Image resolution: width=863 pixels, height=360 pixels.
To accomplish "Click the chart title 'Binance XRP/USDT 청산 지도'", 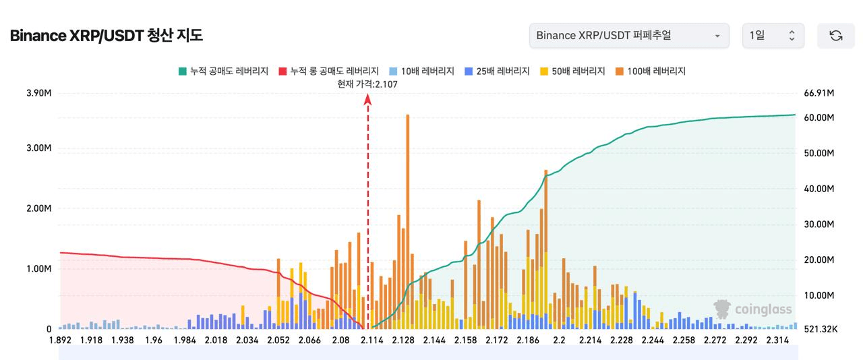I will [x=106, y=36].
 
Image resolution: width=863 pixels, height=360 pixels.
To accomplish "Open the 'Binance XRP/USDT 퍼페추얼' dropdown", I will [x=628, y=36].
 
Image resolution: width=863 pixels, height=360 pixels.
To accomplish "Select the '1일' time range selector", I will [x=773, y=36].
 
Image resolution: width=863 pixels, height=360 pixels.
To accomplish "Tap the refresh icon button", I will [x=835, y=36].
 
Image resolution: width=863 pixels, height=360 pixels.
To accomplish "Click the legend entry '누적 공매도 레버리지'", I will [x=223, y=71].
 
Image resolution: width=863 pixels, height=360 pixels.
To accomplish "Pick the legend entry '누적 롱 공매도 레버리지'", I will [x=328, y=71].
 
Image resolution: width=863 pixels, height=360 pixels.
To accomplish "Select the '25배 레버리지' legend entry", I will [x=497, y=71].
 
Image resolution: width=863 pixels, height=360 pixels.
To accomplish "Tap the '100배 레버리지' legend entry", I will [x=650, y=71].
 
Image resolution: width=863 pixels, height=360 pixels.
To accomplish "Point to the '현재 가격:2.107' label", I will [x=367, y=84].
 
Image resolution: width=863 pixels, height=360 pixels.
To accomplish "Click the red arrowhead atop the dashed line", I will [x=368, y=99].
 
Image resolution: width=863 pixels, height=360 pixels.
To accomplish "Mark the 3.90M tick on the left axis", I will [x=39, y=93].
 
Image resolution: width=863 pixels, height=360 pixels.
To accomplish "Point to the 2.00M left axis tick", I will [x=39, y=208].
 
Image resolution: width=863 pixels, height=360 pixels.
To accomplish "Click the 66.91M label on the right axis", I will [x=820, y=93].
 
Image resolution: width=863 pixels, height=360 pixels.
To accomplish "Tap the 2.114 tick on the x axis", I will [x=371, y=340].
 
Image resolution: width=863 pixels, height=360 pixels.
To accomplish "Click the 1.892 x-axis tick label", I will [x=60, y=340].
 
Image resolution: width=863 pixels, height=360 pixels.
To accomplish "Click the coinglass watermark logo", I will [x=753, y=309].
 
